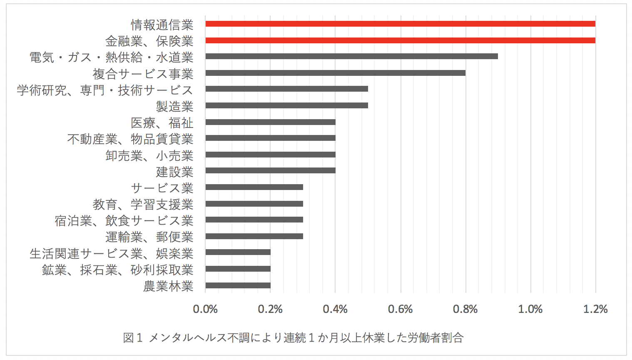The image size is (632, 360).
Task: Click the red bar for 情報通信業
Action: point(400,24)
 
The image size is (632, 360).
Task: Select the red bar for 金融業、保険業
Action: point(400,40)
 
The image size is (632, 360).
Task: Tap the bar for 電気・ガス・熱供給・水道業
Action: point(351,56)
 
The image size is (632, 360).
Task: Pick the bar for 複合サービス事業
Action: point(335,73)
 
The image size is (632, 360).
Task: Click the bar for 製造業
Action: point(286,105)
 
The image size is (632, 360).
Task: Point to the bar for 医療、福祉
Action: point(270,122)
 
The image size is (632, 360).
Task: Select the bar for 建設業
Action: point(270,170)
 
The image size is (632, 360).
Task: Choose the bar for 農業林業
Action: point(238,285)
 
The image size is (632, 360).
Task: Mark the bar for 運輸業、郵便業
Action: point(254,236)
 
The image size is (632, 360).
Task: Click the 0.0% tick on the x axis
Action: point(205,309)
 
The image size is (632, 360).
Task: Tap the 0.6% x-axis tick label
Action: point(400,309)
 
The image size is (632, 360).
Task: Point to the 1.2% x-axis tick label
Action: point(595,309)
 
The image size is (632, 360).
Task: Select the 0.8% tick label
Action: point(465,309)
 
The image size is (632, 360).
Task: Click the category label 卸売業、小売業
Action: point(149,156)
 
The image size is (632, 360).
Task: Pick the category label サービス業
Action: point(162,188)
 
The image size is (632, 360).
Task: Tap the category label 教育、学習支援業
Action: point(143,205)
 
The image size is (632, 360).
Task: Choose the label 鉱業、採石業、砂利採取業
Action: point(117,270)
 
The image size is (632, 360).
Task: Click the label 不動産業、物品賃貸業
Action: point(130,139)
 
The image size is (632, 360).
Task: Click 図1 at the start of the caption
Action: point(133,337)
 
